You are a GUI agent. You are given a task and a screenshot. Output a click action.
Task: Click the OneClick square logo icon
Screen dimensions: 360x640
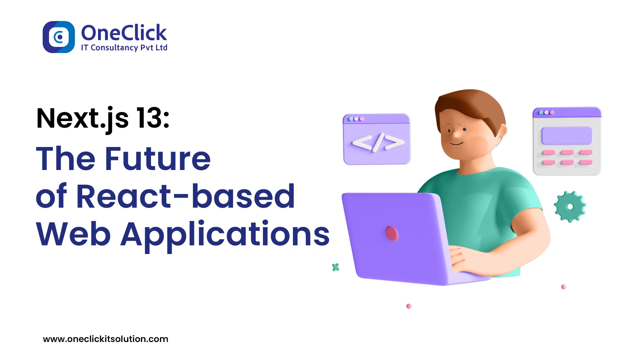[59, 37]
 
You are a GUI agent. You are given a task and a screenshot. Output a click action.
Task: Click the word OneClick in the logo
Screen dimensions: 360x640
[124, 33]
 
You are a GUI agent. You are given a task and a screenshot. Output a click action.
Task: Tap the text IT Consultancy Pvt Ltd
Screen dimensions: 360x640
[124, 48]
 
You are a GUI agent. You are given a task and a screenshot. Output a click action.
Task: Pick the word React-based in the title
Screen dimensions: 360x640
[186, 197]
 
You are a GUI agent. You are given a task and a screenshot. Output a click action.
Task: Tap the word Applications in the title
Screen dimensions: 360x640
[225, 234]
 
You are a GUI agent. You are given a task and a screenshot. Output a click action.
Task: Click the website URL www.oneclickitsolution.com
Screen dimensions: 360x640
[106, 339]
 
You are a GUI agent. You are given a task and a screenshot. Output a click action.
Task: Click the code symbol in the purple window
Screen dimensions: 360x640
[378, 143]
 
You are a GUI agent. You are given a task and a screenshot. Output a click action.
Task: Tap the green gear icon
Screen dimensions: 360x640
[570, 207]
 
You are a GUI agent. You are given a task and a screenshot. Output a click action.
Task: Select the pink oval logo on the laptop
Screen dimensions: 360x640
[392, 233]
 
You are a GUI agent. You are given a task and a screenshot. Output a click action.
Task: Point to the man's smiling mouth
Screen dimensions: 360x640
[456, 143]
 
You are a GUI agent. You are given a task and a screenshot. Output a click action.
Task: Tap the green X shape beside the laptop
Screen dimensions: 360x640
[336, 267]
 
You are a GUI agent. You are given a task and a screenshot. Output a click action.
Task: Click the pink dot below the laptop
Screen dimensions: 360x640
[409, 306]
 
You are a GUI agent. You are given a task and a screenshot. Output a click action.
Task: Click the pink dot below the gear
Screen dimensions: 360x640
[564, 287]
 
